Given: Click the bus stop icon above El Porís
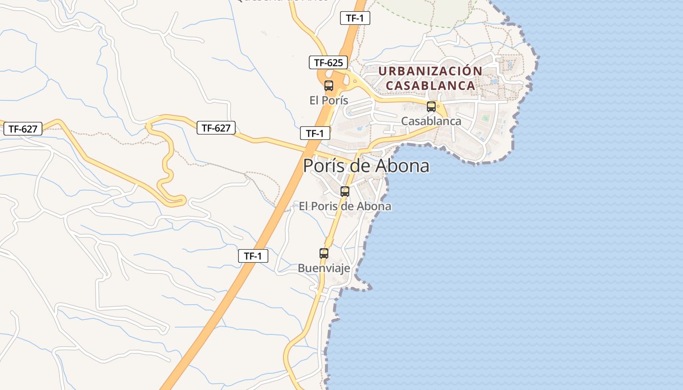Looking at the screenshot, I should tap(329, 86).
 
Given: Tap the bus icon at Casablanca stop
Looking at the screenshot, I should tap(431, 107).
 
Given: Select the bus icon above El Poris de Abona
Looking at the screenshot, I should tap(345, 192).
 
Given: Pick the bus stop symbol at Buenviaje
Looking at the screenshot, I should tap(324, 253).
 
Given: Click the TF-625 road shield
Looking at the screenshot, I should tap(328, 62).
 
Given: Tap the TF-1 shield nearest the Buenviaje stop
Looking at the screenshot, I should tap(253, 256).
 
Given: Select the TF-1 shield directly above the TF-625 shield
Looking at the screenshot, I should tap(355, 19).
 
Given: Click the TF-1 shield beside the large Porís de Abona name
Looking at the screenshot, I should tap(315, 133).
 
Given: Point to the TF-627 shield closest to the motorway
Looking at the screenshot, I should tap(216, 128).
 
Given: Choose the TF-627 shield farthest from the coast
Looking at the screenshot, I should tap(23, 129).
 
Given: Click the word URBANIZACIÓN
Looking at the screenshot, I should tap(430, 71).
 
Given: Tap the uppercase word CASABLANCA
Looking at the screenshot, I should tap(430, 85).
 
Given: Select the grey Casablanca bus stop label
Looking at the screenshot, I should tap(431, 121).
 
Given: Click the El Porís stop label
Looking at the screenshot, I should tap(329, 100).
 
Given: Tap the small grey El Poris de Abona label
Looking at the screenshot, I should tap(345, 206).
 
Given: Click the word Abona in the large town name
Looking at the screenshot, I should tap(402, 166).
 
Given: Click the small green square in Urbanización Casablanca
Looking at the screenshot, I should tap(485, 117).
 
